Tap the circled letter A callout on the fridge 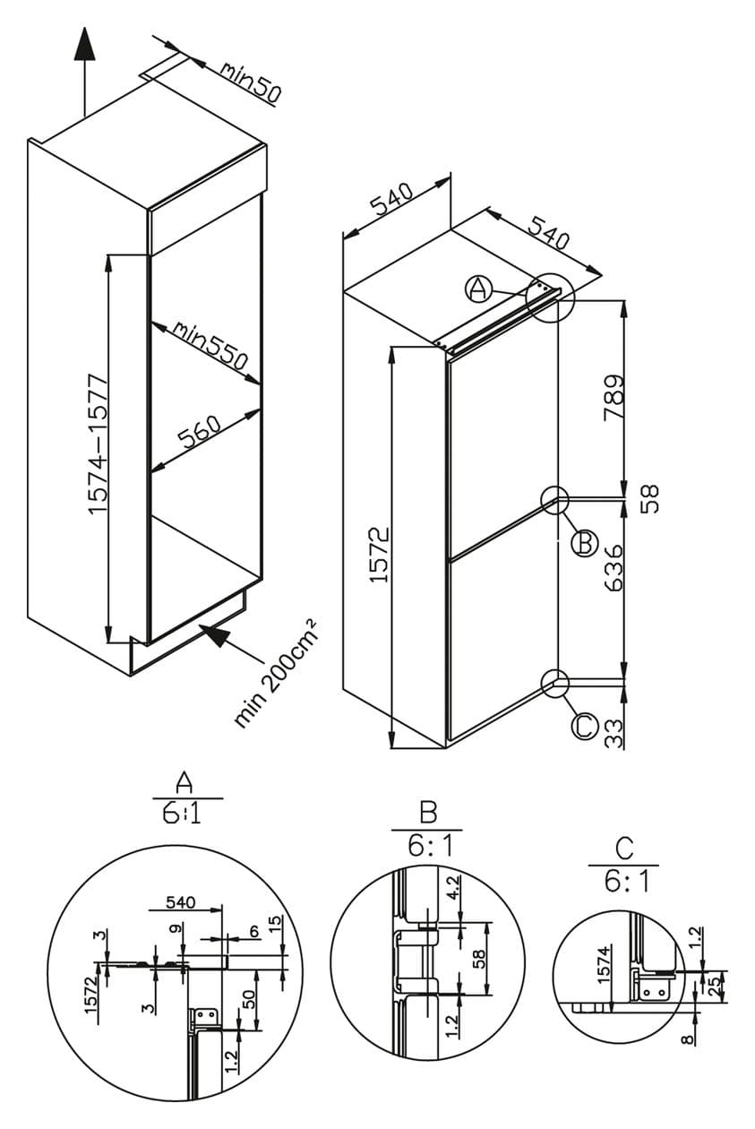(478, 288)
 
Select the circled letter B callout (584, 543)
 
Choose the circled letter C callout (584, 725)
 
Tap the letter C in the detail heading (624, 846)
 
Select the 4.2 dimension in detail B (452, 888)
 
